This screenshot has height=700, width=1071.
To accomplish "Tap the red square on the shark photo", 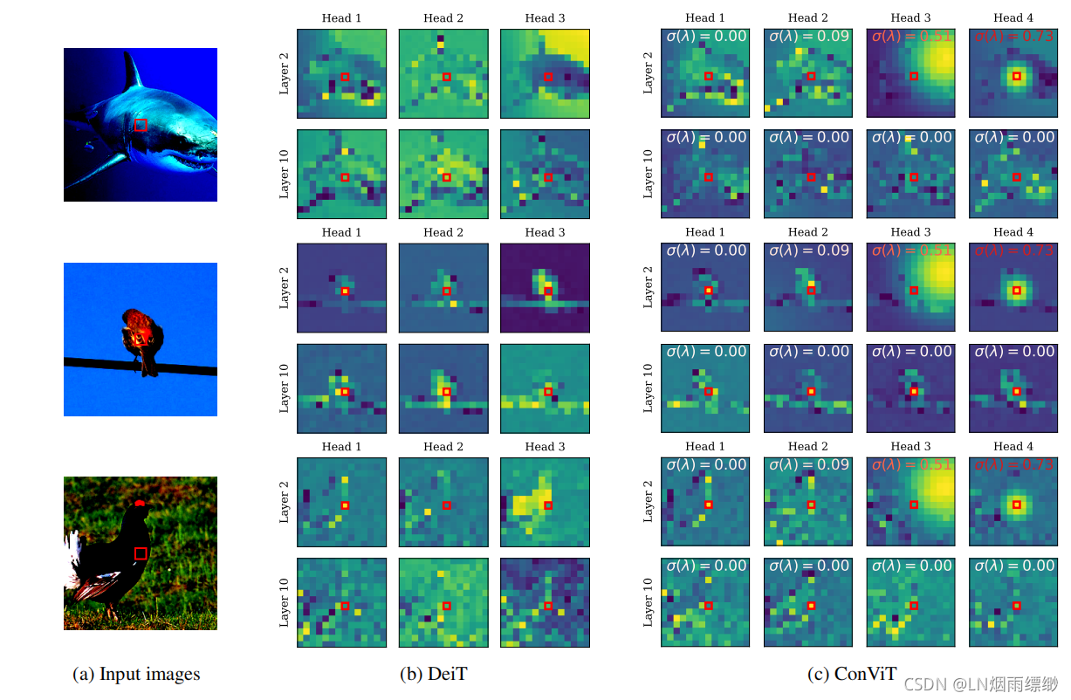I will (x=141, y=125).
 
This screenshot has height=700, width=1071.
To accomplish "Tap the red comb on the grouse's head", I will (x=141, y=504).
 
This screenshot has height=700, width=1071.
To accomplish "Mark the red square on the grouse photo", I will (x=141, y=553).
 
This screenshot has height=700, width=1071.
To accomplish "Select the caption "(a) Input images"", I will (x=136, y=674).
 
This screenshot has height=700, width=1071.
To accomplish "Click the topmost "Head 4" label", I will (x=1013, y=17).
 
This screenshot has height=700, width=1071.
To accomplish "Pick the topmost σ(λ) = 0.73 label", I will (x=1013, y=37).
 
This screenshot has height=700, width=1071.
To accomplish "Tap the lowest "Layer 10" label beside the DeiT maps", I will (x=284, y=602).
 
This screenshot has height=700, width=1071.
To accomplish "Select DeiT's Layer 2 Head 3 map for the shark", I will (x=545, y=74).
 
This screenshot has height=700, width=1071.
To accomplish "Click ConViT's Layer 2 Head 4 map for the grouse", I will (x=1013, y=503).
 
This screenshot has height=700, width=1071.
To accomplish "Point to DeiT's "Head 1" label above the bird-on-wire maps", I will (x=341, y=232).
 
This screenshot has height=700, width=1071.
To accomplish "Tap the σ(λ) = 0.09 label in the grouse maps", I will (x=808, y=464).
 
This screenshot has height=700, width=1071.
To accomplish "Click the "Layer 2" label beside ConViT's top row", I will (x=648, y=73).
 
